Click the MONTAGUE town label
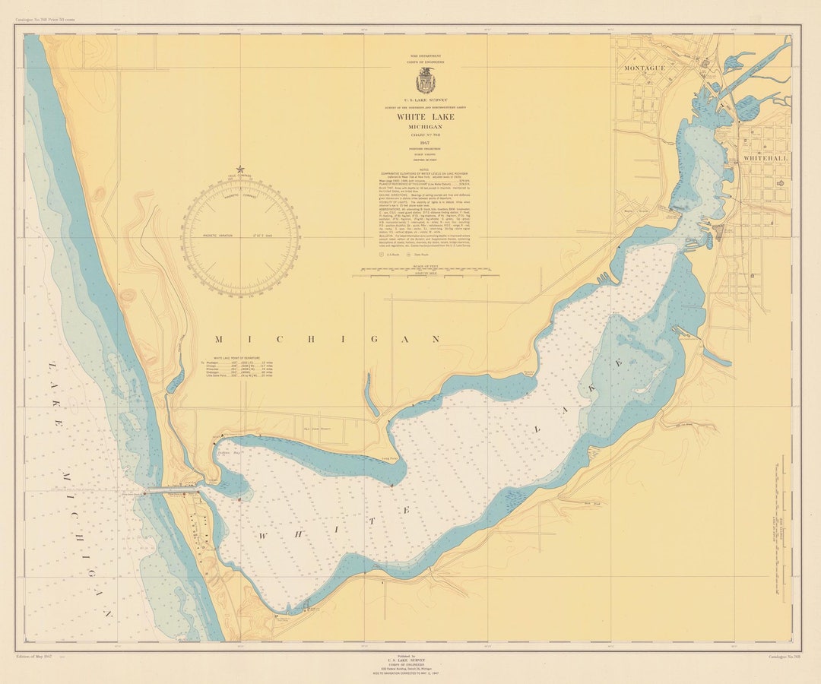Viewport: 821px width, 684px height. point(645,68)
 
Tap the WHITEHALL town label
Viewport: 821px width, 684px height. point(764,157)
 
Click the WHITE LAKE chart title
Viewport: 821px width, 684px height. point(426,118)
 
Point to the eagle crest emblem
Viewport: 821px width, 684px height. point(426,81)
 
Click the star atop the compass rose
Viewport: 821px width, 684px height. point(241,169)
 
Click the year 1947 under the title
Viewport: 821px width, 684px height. point(426,141)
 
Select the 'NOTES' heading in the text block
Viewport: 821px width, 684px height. point(426,169)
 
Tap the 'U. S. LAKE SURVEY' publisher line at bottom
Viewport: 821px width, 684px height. point(407,660)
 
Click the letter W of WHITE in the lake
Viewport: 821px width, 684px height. point(263,536)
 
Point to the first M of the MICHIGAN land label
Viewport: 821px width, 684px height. point(219,339)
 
